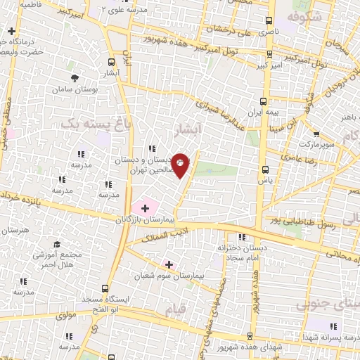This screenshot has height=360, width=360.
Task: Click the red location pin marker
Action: pyautogui.click(x=181, y=165)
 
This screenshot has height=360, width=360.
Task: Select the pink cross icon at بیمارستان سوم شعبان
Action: pyautogui.click(x=169, y=264)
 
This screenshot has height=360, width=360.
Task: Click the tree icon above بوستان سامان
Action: pyautogui.click(x=73, y=78)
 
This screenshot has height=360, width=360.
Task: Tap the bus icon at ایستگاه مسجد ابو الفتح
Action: pyautogui.click(x=105, y=288)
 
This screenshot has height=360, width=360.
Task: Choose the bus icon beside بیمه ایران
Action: pyautogui.click(x=264, y=101)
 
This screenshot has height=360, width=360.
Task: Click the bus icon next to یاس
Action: pyautogui.click(x=265, y=169)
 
